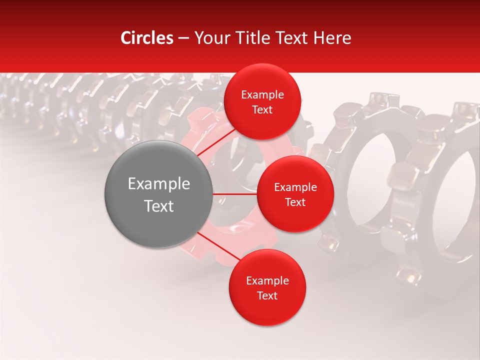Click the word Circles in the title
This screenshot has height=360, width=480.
146,38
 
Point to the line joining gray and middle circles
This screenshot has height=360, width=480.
235,194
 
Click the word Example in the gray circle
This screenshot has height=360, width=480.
158,184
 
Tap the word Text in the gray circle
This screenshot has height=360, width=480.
158,206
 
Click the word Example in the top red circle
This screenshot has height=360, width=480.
262,95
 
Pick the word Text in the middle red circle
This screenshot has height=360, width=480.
295,202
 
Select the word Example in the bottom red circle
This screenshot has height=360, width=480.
267,281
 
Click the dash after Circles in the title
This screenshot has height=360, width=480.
183,38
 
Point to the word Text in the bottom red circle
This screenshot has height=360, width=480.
267,295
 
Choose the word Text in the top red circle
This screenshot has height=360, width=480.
262,109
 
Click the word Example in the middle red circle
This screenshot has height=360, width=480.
295,187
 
